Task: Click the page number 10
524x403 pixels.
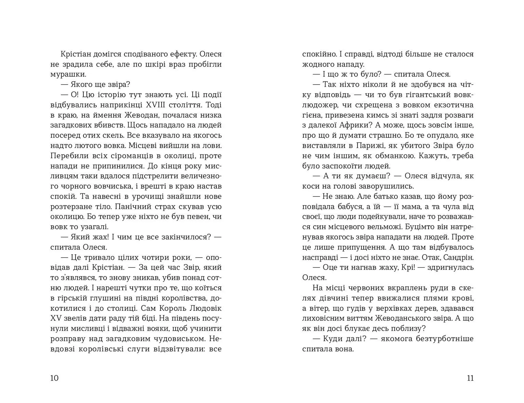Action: (55, 378)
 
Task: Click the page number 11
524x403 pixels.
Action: (470, 378)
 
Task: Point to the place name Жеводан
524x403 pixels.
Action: (141, 115)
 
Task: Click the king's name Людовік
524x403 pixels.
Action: (206, 308)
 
